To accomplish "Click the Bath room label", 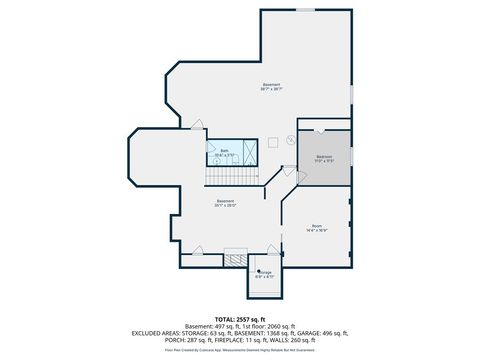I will (x=225, y=152).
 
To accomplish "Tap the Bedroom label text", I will (x=325, y=158).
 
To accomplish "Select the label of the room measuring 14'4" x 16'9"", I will (x=317, y=227).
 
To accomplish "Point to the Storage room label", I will (x=265, y=273).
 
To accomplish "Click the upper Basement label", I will (x=271, y=86).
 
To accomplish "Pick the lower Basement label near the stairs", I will (x=226, y=203).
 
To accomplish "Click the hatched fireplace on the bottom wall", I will (x=236, y=258).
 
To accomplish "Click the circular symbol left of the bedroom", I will (x=290, y=142).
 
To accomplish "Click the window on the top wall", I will (x=305, y=9).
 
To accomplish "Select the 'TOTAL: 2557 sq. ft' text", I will (x=240, y=319).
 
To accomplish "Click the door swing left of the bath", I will (x=197, y=127).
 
